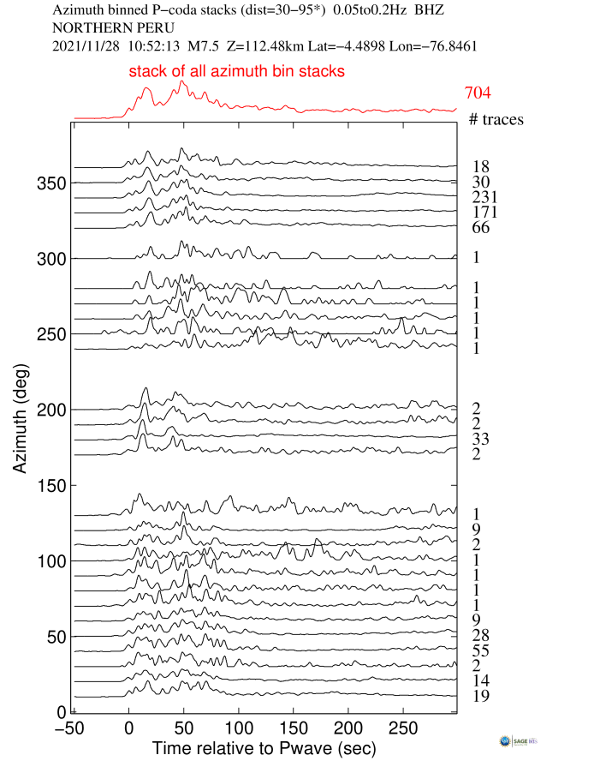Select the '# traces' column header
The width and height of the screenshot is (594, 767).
pos(496,119)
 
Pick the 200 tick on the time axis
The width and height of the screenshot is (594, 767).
pos(347,727)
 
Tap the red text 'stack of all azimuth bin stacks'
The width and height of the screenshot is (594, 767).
pos(237,72)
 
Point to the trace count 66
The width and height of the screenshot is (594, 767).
pos(480,227)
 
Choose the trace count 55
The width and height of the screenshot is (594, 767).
pos(480,650)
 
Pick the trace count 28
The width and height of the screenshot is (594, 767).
pos(480,635)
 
